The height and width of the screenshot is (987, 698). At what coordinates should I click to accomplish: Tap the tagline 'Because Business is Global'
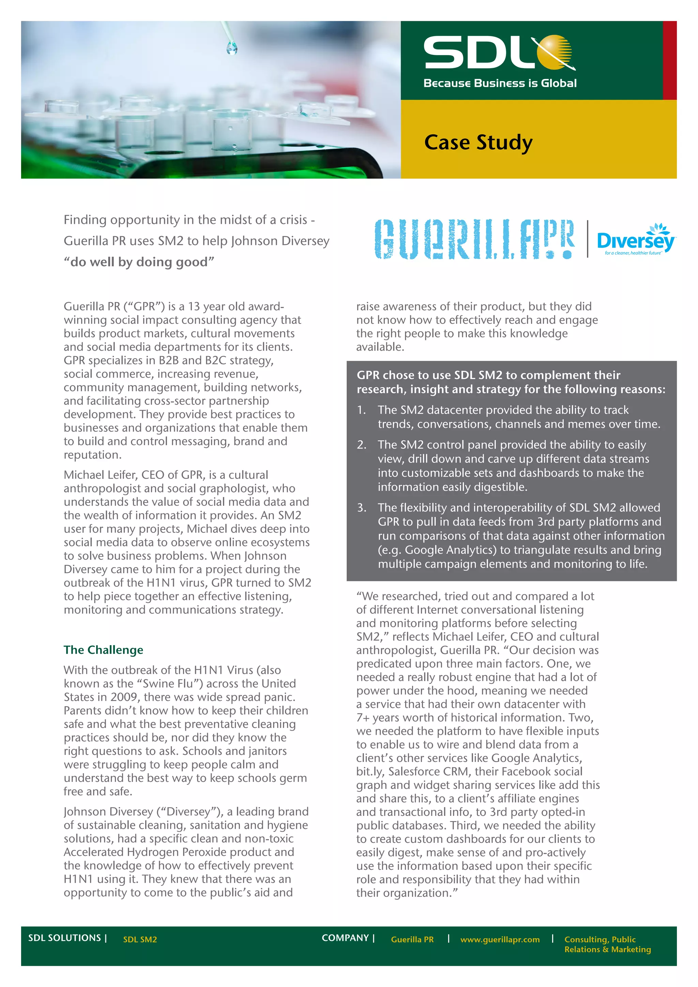(x=500, y=83)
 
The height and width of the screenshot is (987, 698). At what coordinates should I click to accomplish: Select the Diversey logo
(x=635, y=240)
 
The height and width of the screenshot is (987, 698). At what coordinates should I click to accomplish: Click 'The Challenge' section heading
(x=104, y=650)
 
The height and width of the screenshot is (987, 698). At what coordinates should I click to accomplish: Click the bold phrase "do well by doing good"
(x=139, y=262)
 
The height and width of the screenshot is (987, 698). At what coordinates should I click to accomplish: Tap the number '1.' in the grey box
(x=362, y=410)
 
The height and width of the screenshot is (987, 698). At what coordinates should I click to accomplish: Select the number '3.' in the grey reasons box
(x=362, y=508)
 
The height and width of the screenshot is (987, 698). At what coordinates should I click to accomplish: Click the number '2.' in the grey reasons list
(x=362, y=445)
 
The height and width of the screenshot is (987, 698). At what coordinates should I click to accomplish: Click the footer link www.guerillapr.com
(x=500, y=939)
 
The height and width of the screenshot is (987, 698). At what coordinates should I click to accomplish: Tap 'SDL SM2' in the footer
(x=140, y=939)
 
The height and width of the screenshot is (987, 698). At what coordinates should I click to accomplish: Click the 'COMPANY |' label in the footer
(x=348, y=938)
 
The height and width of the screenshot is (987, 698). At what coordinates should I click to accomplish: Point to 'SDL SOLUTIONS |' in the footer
(x=67, y=938)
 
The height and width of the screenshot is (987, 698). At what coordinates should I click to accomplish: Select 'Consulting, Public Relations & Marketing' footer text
(x=607, y=944)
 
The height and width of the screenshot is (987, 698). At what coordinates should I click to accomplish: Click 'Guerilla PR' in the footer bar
(x=412, y=939)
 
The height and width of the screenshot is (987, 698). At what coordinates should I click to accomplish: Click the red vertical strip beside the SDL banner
(x=670, y=60)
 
